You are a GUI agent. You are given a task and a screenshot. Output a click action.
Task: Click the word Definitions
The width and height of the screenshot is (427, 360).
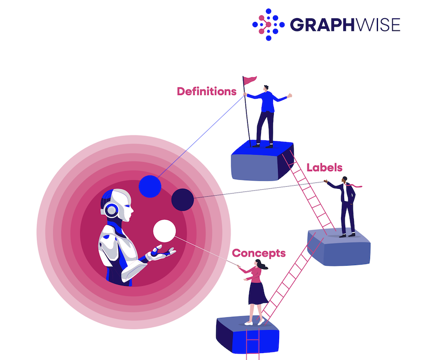(207, 91)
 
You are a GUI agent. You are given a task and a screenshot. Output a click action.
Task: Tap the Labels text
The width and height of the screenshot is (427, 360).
(325, 167)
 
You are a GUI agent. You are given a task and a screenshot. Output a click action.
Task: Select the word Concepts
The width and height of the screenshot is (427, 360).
(259, 253)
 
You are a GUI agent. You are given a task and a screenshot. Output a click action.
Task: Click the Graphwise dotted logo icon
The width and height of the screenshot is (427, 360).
(268, 25)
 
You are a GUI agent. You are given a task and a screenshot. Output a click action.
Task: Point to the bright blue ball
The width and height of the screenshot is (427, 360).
(150, 186)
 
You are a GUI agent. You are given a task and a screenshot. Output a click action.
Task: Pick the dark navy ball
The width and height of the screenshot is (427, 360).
(183, 199)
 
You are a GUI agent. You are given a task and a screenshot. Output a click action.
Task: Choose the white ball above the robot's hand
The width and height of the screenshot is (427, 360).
(164, 231)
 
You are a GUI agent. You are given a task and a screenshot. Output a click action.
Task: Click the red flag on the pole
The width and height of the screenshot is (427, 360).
(249, 81)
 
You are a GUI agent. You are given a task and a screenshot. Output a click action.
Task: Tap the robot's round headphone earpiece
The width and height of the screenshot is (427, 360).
(112, 210)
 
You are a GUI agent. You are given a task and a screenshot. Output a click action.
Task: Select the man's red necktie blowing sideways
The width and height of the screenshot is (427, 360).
(354, 185)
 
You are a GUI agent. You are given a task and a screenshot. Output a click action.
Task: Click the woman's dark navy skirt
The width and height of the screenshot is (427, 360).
(258, 293)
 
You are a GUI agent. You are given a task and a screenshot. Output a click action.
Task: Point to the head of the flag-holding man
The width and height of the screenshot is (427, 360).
(266, 88)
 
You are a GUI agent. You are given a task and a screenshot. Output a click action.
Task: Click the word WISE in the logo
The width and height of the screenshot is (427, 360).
(378, 25)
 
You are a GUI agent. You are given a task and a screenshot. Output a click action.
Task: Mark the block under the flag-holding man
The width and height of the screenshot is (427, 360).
(262, 161)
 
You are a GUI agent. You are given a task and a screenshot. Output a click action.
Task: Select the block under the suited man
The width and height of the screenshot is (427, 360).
(339, 247)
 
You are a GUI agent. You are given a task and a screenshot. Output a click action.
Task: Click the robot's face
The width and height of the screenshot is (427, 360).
(126, 205)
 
